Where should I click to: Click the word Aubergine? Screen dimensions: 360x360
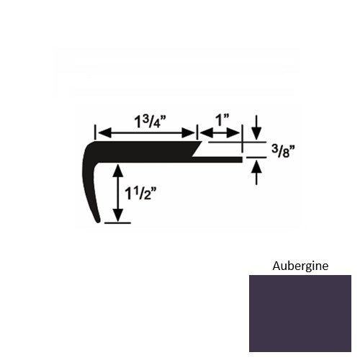click(x=300, y=265)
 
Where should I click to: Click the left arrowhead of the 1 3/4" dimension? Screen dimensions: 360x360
click(x=102, y=132)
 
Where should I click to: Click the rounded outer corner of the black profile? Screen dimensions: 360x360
click(x=89, y=148)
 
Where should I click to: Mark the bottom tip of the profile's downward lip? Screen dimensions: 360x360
click(x=99, y=222)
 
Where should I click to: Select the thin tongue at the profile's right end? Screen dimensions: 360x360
click(x=223, y=158)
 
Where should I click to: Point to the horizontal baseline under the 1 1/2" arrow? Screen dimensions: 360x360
click(x=118, y=223)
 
